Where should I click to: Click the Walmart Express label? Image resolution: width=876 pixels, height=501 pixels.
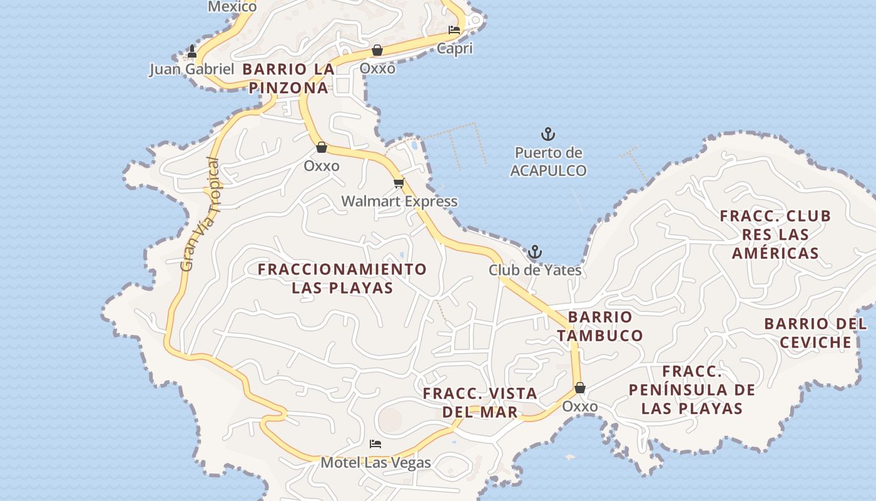(399, 202)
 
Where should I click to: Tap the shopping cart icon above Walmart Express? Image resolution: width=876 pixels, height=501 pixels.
(399, 183)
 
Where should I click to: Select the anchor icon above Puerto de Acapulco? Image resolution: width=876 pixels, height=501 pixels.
(548, 134)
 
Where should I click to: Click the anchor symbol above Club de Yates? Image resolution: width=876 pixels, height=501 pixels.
(534, 252)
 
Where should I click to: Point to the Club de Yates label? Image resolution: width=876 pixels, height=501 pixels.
(534, 271)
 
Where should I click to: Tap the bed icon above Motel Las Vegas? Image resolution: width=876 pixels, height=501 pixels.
(375, 444)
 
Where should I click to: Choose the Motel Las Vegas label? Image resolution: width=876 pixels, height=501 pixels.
(375, 463)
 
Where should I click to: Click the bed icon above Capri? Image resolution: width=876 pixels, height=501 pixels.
(454, 29)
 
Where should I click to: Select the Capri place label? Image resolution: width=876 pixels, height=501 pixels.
(454, 48)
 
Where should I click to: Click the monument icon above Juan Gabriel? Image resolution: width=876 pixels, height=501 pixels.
(192, 51)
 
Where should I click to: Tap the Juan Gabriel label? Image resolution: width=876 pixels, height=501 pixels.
(191, 69)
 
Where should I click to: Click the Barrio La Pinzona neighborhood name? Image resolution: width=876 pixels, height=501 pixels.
(288, 78)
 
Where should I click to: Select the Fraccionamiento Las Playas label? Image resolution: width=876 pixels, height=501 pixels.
(342, 279)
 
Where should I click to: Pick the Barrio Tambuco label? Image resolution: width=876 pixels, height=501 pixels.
(600, 326)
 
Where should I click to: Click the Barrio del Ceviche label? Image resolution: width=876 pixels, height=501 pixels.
(815, 333)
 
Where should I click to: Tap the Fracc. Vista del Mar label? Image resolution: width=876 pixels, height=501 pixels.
(480, 403)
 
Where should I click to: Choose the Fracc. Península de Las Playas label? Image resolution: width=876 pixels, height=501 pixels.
(691, 390)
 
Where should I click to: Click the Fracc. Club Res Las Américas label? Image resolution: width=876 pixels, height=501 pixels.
(775, 234)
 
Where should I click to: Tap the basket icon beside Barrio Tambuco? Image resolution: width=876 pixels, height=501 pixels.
(580, 388)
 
